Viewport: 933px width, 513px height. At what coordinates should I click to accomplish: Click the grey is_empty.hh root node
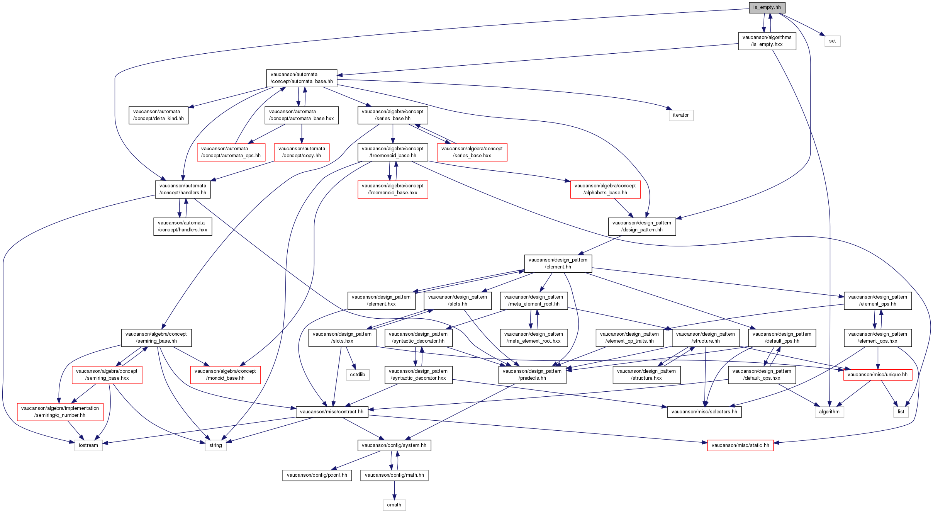[x=767, y=7]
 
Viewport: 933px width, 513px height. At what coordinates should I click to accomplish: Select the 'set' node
[x=832, y=41]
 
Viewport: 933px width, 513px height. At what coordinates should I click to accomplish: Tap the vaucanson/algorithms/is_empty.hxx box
[x=767, y=41]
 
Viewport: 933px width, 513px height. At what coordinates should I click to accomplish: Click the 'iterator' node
[x=681, y=115]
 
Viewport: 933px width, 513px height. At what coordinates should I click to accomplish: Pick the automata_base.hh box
[x=302, y=78]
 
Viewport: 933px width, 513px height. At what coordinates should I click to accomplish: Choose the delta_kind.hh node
[x=158, y=115]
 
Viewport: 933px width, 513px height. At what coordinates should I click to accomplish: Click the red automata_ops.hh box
[x=231, y=152]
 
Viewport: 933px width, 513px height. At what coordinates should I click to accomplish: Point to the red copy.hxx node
[x=302, y=152]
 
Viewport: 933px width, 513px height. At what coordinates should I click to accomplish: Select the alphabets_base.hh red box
[x=605, y=189]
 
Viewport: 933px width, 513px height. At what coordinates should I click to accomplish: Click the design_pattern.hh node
[x=642, y=226]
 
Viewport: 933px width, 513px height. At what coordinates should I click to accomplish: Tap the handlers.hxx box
[x=183, y=226]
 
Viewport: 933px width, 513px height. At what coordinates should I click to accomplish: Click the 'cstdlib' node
[x=358, y=375]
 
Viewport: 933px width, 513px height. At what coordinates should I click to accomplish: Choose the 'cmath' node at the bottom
[x=394, y=505]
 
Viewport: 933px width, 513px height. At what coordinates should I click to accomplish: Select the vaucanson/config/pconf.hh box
[x=317, y=475]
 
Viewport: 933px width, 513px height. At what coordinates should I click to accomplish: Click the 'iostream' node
[x=88, y=445]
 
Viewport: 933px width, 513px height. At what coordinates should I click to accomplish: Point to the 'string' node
[x=215, y=445]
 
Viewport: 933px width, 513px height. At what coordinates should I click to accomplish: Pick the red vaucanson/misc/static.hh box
[x=740, y=445]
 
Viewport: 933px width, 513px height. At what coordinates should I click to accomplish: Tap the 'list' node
[x=901, y=412]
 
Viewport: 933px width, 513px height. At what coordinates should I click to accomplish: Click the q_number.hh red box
[x=60, y=412]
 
